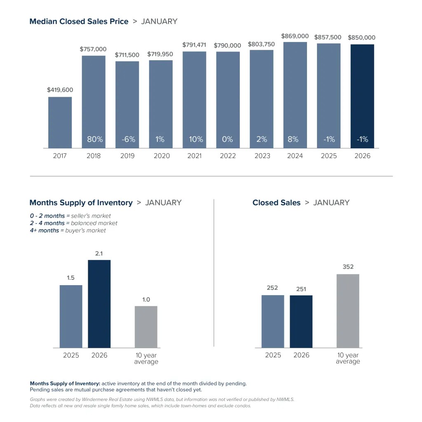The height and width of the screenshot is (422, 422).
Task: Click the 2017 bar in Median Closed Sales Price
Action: click(60, 122)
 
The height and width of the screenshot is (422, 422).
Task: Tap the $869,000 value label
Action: click(295, 36)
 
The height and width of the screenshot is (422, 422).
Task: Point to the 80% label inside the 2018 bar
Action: click(95, 139)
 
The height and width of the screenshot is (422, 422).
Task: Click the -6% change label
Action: click(128, 139)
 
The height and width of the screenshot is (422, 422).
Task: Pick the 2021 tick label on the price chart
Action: click(194, 156)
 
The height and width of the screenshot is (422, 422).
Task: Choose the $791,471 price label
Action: click(194, 45)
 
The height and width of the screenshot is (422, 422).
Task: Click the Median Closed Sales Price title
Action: click(79, 21)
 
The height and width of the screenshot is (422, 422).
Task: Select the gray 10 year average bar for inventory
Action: click(146, 327)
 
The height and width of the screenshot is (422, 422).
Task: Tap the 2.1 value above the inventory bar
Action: click(99, 254)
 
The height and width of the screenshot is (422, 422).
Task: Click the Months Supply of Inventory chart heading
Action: click(81, 203)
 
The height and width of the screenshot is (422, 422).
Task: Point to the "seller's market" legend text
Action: click(91, 216)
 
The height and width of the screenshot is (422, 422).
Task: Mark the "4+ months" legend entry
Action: click(44, 230)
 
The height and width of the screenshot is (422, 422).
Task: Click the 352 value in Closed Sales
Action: click(348, 267)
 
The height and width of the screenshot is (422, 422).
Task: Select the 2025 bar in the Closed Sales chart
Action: click(272, 321)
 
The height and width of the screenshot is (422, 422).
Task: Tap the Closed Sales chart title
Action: click(276, 203)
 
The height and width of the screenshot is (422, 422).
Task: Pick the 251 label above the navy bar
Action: click(301, 289)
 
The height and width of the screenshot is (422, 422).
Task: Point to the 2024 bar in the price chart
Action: click(295, 95)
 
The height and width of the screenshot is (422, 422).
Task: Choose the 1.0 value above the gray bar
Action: click(146, 300)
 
